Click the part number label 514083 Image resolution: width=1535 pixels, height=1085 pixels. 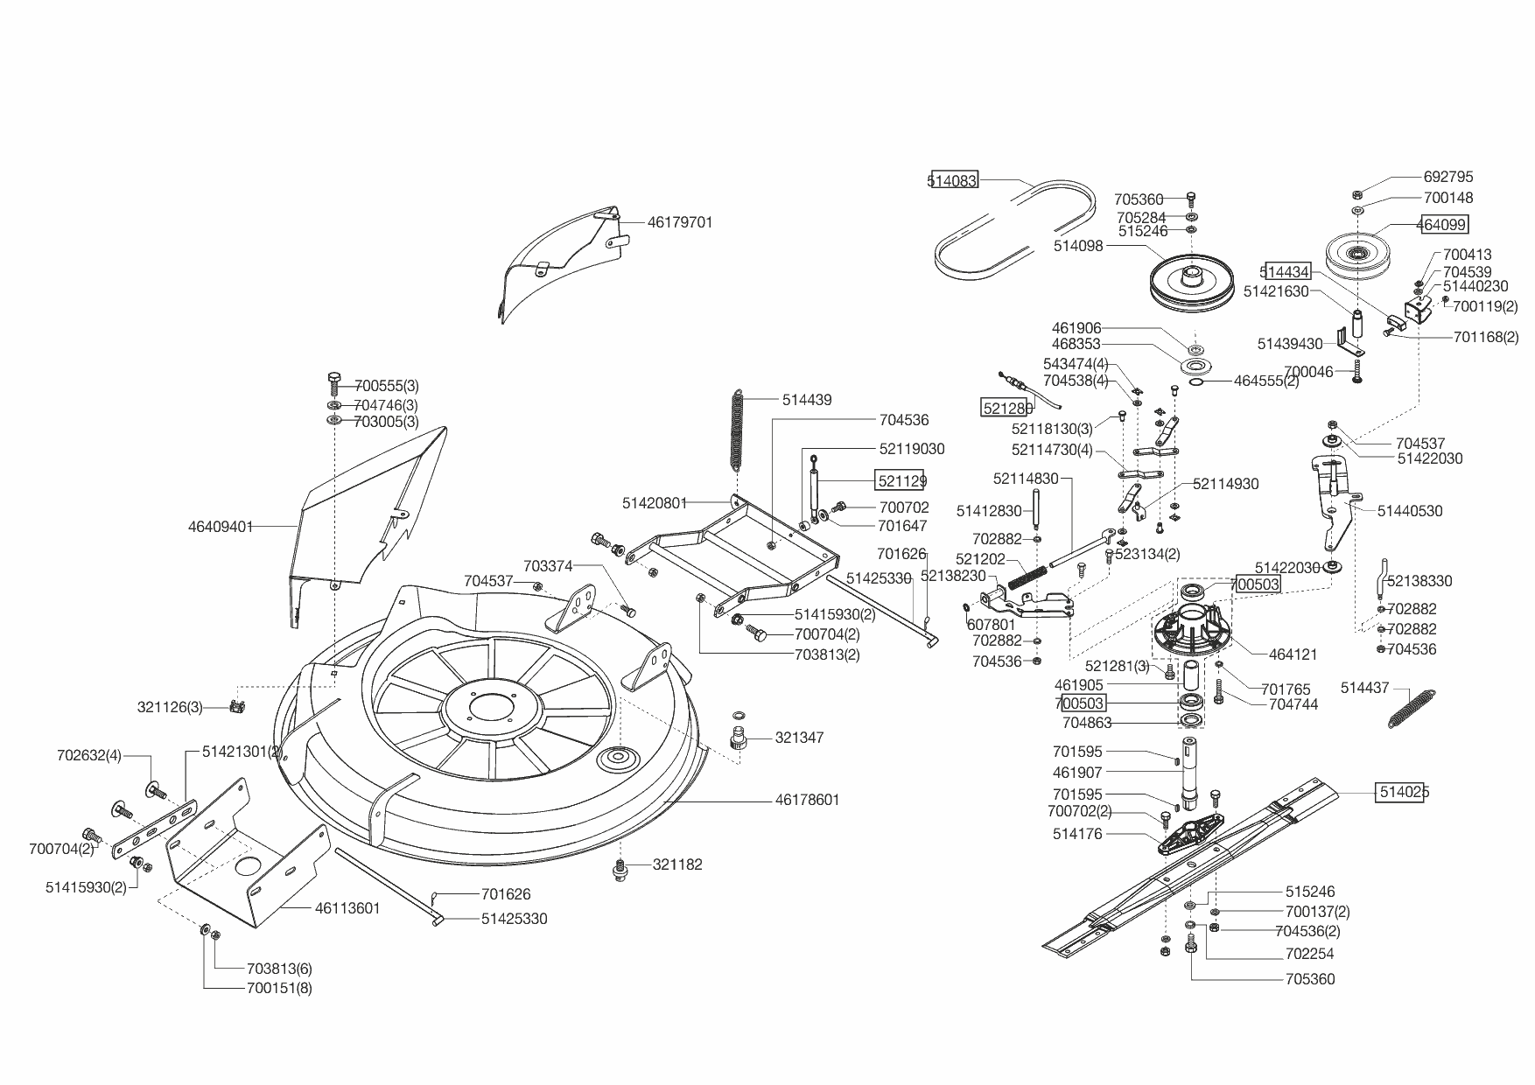(x=952, y=181)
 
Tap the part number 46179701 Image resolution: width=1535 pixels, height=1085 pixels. (x=680, y=222)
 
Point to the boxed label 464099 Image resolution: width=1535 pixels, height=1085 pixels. (x=1441, y=225)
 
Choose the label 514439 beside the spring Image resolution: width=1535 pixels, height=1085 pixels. (x=807, y=400)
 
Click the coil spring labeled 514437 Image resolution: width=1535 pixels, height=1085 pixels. (x=1412, y=708)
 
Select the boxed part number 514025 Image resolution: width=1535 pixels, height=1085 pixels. (x=1404, y=792)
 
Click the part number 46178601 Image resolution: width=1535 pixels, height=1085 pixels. (x=807, y=800)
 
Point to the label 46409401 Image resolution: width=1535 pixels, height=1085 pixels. (x=221, y=527)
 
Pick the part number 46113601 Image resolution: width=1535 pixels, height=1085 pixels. (x=347, y=908)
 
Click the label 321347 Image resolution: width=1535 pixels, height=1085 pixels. (x=799, y=738)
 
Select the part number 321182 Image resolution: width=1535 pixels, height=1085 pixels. (x=677, y=864)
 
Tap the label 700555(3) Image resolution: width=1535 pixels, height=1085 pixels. (x=386, y=386)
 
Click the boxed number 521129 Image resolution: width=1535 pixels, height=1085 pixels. (x=901, y=480)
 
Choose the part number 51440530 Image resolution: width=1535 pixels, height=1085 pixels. (x=1410, y=511)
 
